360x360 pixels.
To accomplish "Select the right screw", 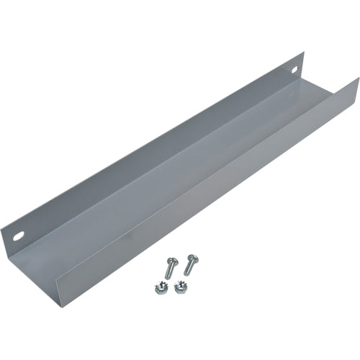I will (x=189, y=264).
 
